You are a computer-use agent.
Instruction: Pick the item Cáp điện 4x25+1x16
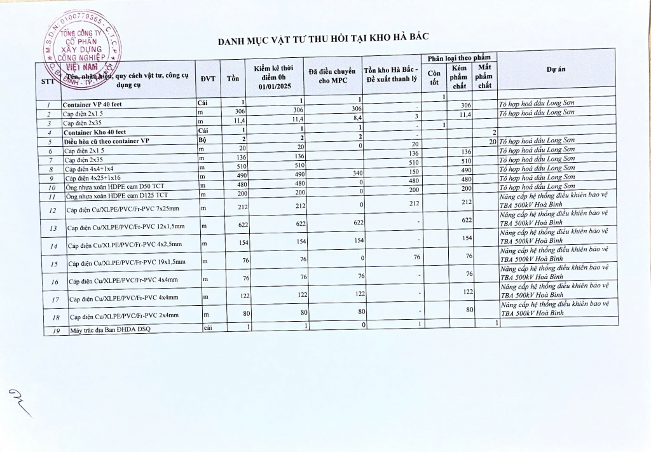93,179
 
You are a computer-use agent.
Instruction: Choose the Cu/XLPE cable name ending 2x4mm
124,315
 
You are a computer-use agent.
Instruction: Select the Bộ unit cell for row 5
203,140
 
